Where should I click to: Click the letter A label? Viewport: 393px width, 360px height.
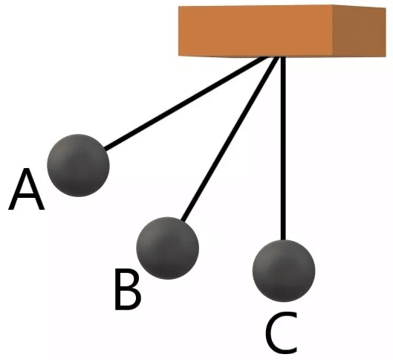click(26, 189)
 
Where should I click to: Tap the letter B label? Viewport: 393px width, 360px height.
click(128, 289)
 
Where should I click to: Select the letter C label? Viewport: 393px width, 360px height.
click(282, 332)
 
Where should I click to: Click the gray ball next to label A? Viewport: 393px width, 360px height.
click(78, 165)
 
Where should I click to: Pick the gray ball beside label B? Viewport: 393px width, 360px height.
click(167, 248)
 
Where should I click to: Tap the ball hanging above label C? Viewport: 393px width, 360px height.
click(284, 271)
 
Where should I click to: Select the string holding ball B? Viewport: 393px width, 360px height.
click(230, 139)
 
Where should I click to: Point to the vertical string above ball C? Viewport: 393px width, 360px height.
click(283, 148)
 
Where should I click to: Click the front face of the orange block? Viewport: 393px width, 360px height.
click(255, 30)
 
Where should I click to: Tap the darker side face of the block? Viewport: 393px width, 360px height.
click(359, 30)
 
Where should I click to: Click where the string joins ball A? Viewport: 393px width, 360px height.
click(105, 149)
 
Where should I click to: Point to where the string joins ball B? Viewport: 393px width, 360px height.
click(183, 220)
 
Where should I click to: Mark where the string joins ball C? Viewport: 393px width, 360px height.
click(283, 240)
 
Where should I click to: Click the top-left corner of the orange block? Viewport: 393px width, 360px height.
click(179, 7)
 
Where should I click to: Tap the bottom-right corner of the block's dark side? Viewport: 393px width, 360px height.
click(386, 57)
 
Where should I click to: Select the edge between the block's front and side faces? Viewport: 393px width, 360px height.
click(332, 30)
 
